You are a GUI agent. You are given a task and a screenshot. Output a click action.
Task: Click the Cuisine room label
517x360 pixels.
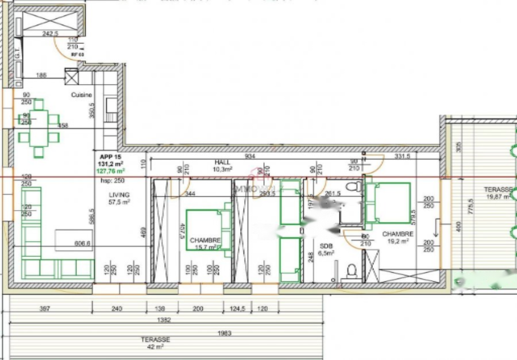pos(82,95)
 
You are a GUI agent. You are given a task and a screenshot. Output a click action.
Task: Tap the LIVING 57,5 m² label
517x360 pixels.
pos(119,199)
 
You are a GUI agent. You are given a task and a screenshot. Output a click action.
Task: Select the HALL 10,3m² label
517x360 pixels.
pos(222,166)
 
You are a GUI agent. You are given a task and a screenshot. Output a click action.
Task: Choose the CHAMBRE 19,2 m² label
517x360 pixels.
pos(398,238)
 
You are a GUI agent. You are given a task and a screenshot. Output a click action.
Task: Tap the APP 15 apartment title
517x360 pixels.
pos(110,157)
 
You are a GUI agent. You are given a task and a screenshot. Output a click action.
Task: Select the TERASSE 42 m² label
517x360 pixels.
pos(156,343)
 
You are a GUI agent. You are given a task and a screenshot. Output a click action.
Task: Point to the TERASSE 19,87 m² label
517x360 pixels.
pos(497,193)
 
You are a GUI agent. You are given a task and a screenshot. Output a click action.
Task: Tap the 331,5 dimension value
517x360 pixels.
pos(402,156)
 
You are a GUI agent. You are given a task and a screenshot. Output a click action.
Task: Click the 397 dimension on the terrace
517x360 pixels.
pos(45,309)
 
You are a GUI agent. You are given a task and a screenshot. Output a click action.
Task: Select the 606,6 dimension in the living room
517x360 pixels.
pos(83,243)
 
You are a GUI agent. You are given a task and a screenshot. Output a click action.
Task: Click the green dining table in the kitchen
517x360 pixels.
pos(38,127)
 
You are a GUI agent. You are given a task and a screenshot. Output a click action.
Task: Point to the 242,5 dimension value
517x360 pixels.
pos(50,34)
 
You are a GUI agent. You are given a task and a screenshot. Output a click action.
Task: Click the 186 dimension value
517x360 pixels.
pos(41,76)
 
